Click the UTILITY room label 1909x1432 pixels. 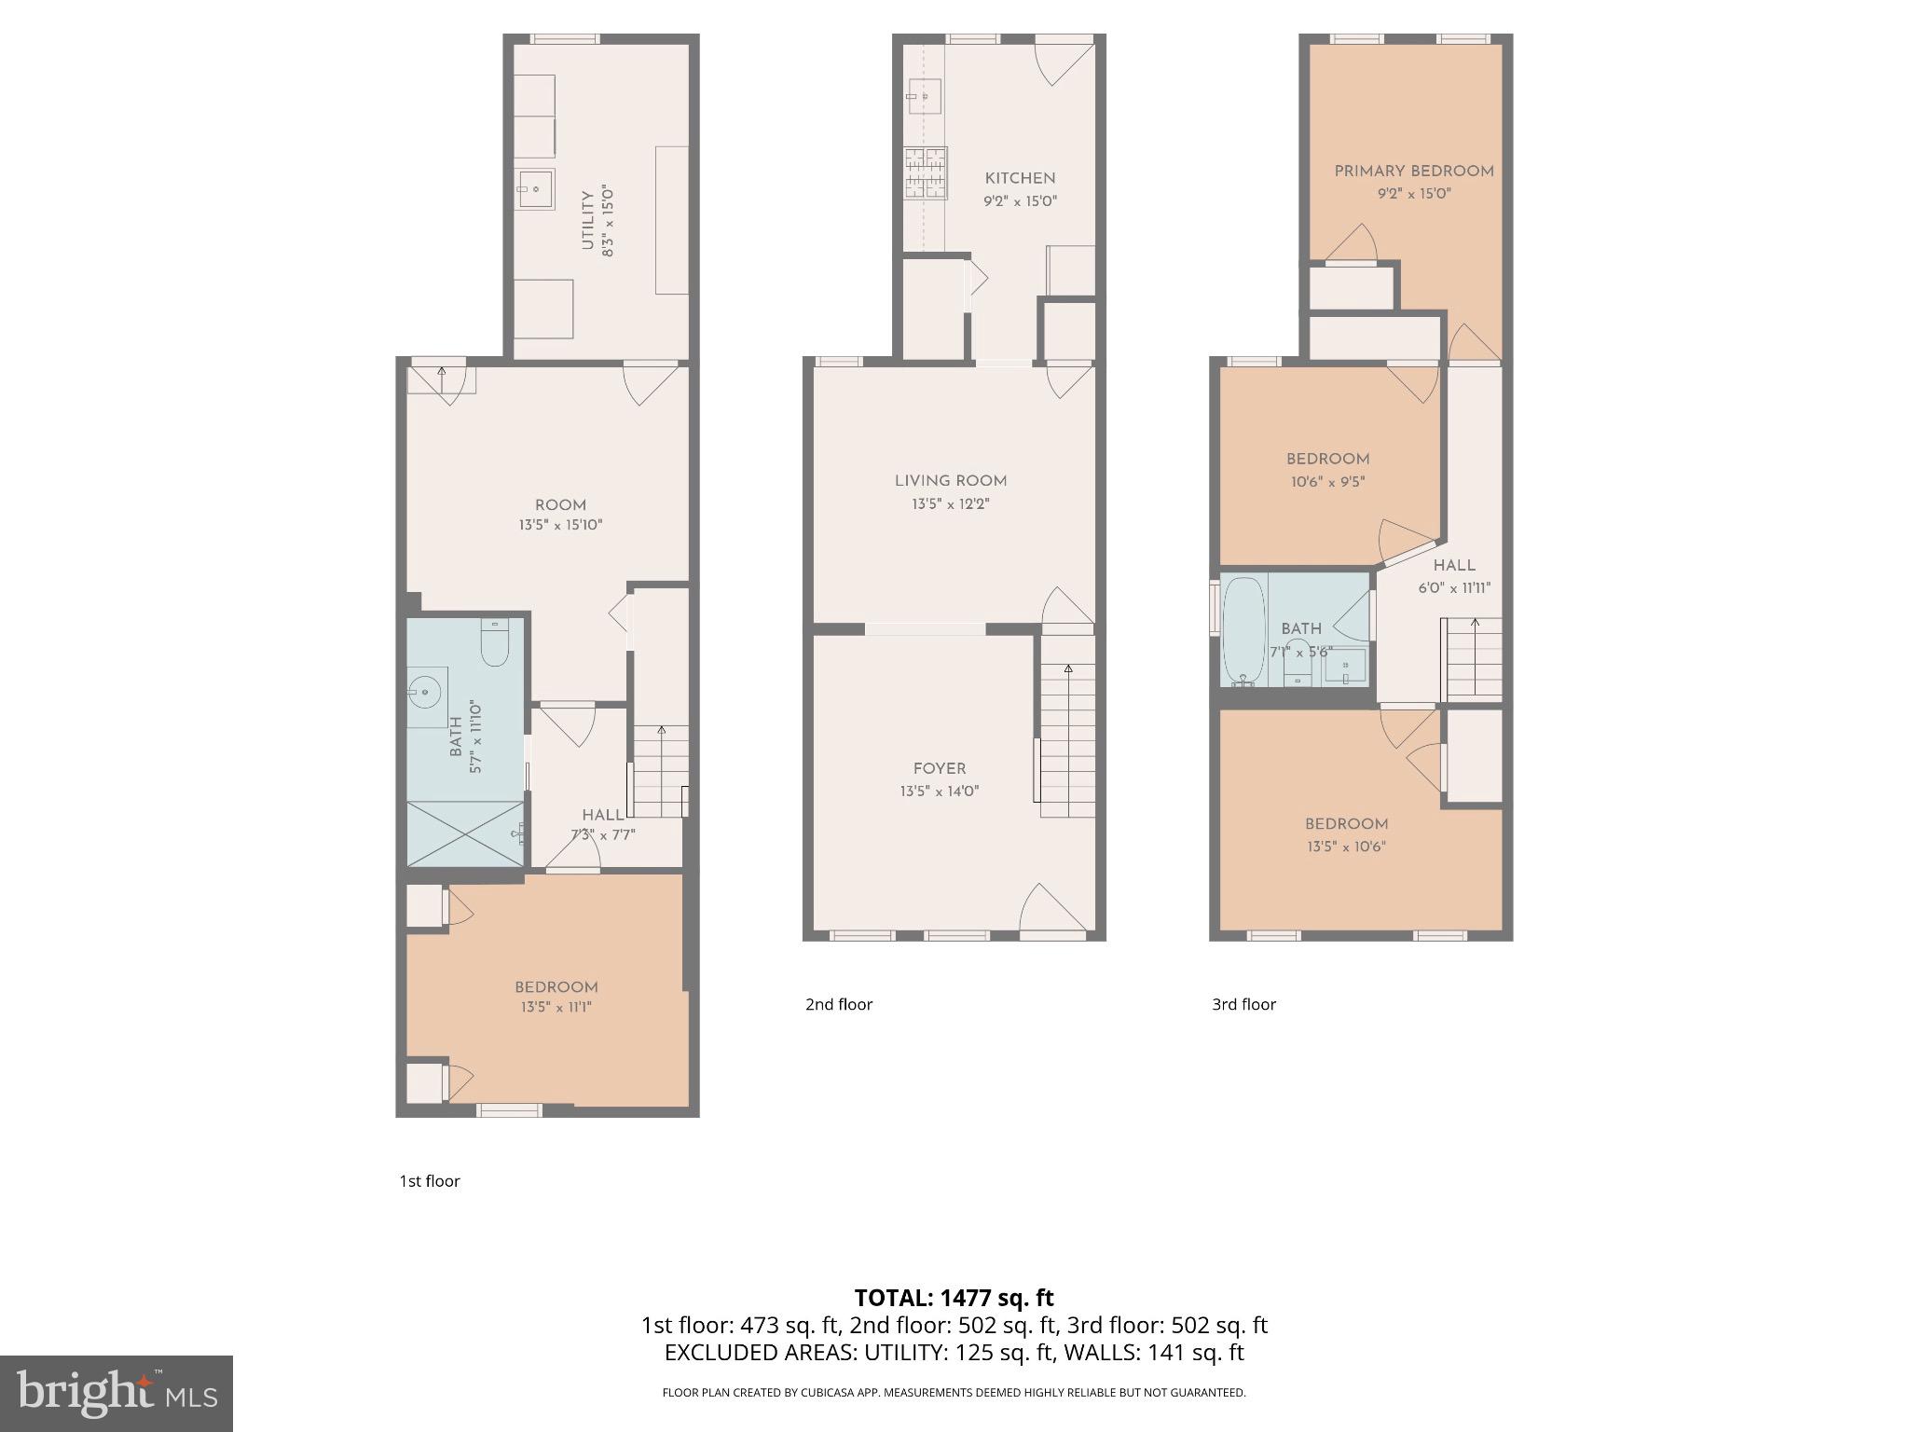pos(586,221)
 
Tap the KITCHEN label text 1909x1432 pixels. pos(1020,178)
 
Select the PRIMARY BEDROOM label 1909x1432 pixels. pos(1413,171)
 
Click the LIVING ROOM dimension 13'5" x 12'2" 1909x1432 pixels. pos(950,504)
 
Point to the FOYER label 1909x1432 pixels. pos(939,768)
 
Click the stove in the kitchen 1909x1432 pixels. pos(925,173)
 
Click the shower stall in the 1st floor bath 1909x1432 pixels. pos(464,833)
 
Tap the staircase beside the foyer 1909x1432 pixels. pos(1067,741)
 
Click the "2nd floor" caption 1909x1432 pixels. pos(838,1004)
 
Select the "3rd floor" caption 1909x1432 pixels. pos(1243,1004)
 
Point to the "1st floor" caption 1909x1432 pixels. pos(429,1181)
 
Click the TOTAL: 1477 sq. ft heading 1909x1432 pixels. pos(954,1298)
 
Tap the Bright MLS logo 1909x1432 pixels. pos(116,1393)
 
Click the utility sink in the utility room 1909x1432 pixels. pos(535,189)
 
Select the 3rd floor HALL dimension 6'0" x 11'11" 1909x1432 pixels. pos(1454,588)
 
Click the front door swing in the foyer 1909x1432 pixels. pos(1051,910)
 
